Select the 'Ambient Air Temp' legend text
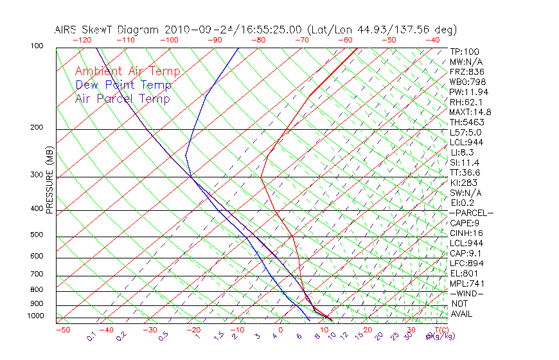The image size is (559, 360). coord(128,71)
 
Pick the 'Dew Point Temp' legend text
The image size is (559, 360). coord(123,85)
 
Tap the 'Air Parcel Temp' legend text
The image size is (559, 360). coord(123,98)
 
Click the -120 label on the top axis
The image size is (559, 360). coord(82,40)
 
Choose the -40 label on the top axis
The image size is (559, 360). coord(432,40)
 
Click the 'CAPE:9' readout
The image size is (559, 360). coord(466,223)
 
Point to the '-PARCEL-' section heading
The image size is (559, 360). coord(471,213)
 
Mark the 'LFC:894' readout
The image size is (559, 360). coord(467,263)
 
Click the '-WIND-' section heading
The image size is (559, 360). coord(466,293)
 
